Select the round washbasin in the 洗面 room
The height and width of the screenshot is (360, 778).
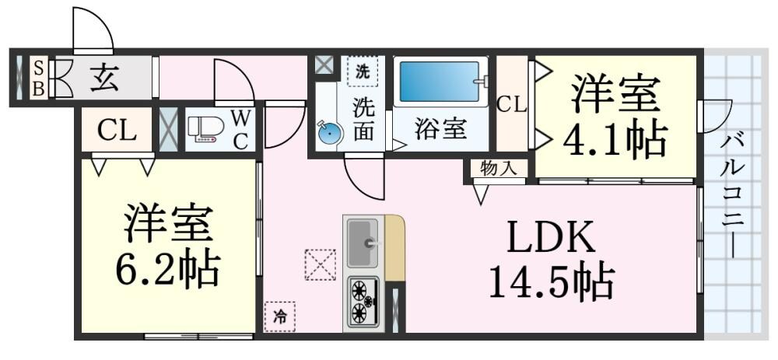click(x=330, y=133)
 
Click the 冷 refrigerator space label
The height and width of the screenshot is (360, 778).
click(x=279, y=316)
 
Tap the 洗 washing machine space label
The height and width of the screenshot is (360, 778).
click(x=363, y=71)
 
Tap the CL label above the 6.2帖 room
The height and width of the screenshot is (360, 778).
click(x=117, y=131)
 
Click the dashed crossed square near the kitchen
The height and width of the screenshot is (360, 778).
click(x=320, y=264)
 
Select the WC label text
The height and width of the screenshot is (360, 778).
click(x=240, y=129)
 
